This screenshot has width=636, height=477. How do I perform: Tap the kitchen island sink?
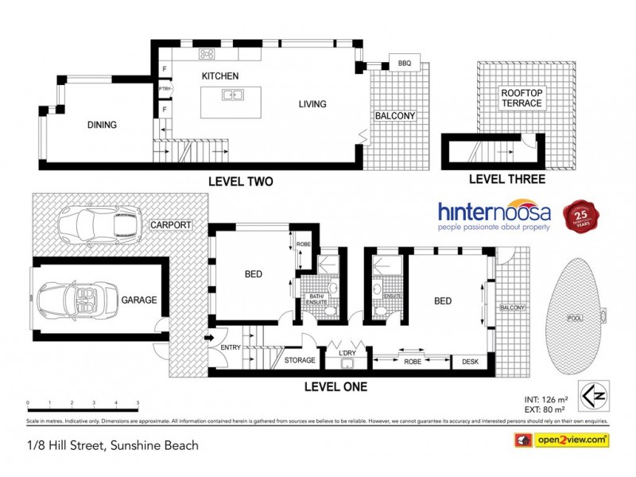click(232, 95)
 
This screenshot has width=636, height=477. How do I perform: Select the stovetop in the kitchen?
click(207, 55)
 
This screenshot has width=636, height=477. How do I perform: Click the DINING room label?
click(102, 125)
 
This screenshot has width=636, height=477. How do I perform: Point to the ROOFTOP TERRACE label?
click(522, 99)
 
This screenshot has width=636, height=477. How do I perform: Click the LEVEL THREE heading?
click(506, 179)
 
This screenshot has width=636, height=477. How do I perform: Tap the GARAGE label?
click(139, 300)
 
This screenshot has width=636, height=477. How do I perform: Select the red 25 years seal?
click(580, 215)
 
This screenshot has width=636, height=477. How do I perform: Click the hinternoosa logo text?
click(495, 213)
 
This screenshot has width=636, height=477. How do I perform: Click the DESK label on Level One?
click(470, 362)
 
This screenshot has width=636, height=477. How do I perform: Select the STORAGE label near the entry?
click(300, 360)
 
